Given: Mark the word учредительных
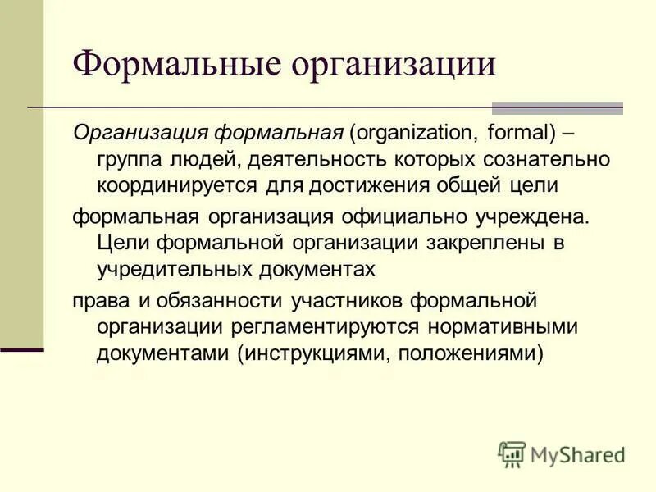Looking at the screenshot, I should pyautogui.click(x=175, y=269).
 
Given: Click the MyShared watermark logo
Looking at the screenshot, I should pyautogui.click(x=562, y=453).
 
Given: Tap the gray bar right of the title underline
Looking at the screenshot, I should pyautogui.click(x=558, y=108).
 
